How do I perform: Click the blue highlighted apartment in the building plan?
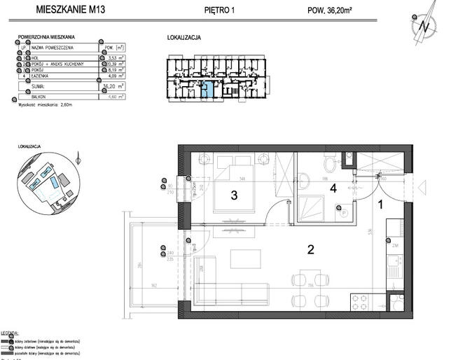pos(210,90)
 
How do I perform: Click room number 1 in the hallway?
pos(381,205)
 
